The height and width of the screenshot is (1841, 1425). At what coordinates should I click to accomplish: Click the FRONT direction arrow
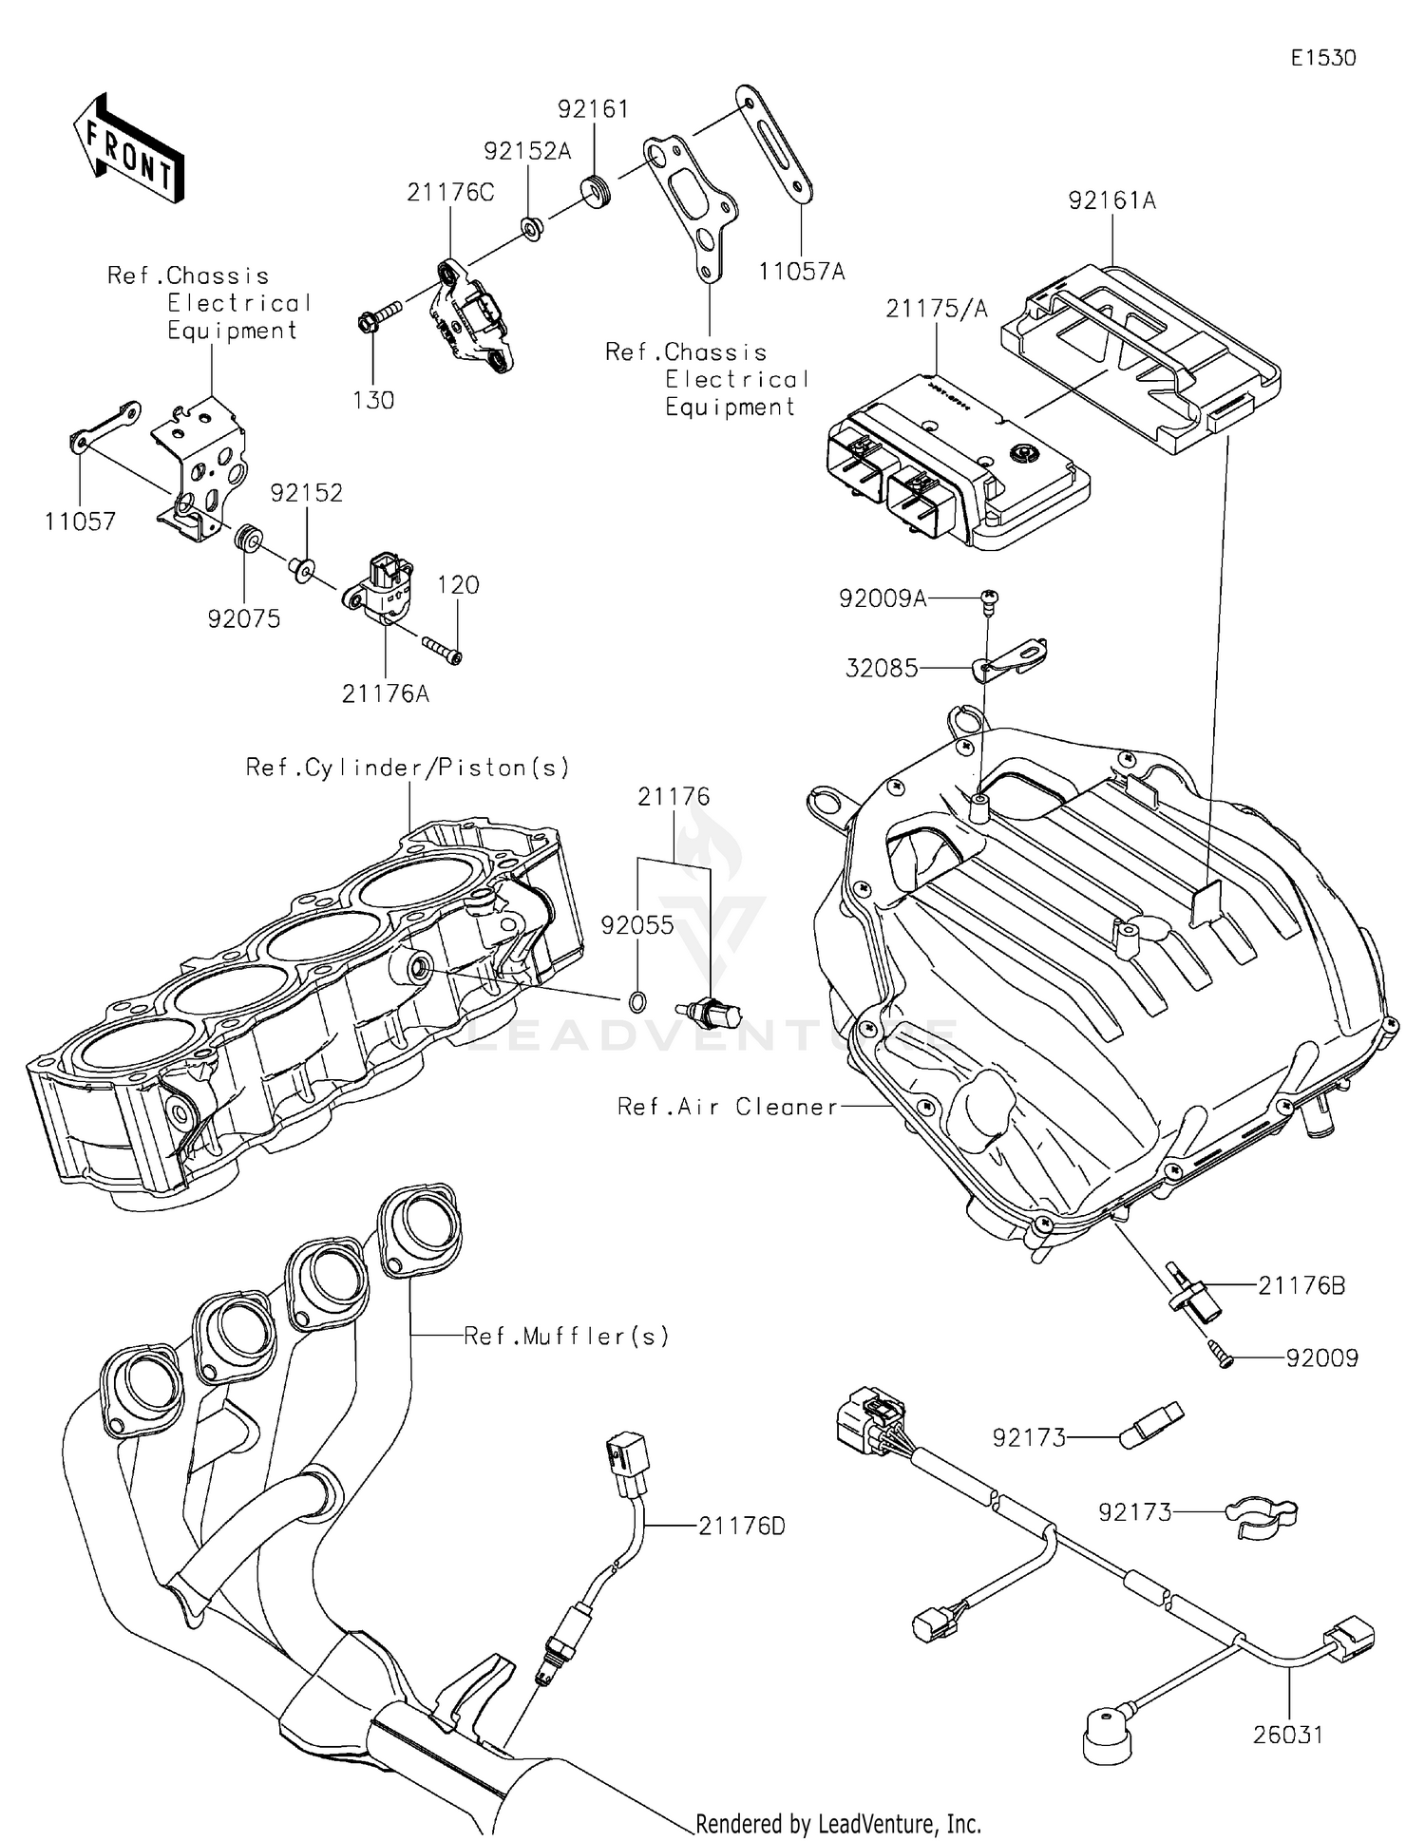[128, 149]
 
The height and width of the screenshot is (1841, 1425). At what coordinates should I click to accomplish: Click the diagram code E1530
[1322, 58]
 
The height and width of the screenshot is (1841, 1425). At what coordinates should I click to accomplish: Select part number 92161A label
[1111, 200]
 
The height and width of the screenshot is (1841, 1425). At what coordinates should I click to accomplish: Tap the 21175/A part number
[937, 308]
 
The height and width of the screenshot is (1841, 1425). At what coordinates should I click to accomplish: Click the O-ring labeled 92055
[638, 1000]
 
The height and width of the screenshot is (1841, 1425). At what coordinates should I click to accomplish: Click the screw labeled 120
[442, 651]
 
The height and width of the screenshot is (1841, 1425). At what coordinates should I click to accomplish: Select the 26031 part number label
[1287, 1735]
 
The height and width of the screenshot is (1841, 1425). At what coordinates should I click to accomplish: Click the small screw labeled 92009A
[989, 598]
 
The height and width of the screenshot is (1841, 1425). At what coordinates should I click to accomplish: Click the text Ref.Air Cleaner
[728, 1106]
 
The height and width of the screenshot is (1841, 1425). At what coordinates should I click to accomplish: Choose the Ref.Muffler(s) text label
[566, 1336]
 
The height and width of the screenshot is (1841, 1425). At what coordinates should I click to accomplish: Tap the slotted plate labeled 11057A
[773, 146]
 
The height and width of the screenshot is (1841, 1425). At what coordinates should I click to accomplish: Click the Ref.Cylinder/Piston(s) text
[408, 767]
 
